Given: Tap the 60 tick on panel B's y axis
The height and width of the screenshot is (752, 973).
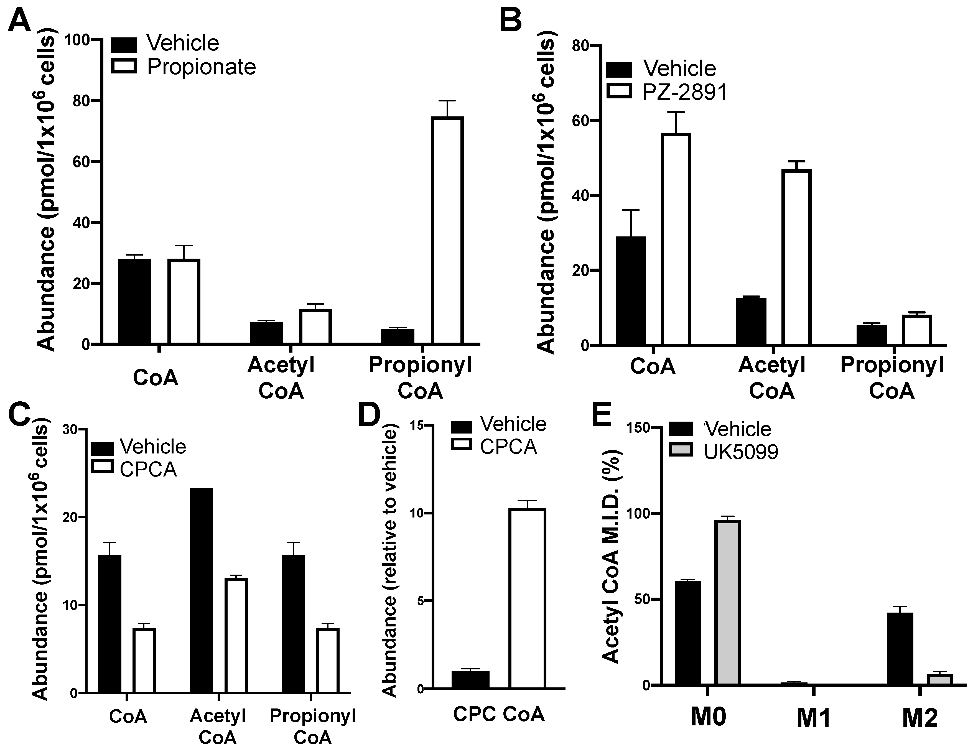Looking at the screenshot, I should click(589, 121).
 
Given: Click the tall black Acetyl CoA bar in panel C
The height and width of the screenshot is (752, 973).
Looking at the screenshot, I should click(201, 590).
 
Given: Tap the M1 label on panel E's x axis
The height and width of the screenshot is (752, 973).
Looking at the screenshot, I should click(814, 718).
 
